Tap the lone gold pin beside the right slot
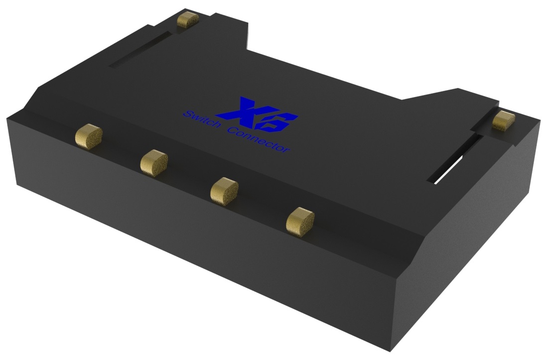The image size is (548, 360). click(x=504, y=121)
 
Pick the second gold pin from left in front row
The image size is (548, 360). click(x=153, y=162)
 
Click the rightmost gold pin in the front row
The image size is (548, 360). click(x=300, y=220)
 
